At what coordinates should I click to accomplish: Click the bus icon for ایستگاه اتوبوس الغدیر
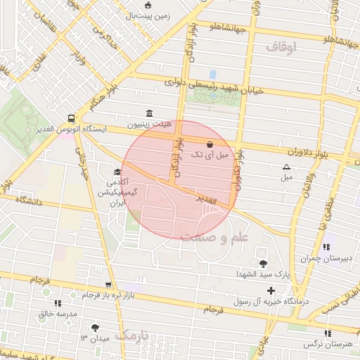point(72,118)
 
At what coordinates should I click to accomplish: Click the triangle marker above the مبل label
point(286,167)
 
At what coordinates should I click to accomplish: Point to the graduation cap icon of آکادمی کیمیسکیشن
point(117,172)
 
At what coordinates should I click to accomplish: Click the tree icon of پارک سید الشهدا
point(263,264)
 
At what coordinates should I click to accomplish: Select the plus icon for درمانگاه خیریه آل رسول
point(271,290)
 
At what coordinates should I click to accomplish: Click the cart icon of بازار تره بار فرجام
point(108,285)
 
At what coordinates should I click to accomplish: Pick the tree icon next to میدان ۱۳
point(96,328)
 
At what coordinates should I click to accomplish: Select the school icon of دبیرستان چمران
point(326,247)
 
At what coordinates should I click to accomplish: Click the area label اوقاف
point(282,47)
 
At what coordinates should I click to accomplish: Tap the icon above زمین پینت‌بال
point(148,6)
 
